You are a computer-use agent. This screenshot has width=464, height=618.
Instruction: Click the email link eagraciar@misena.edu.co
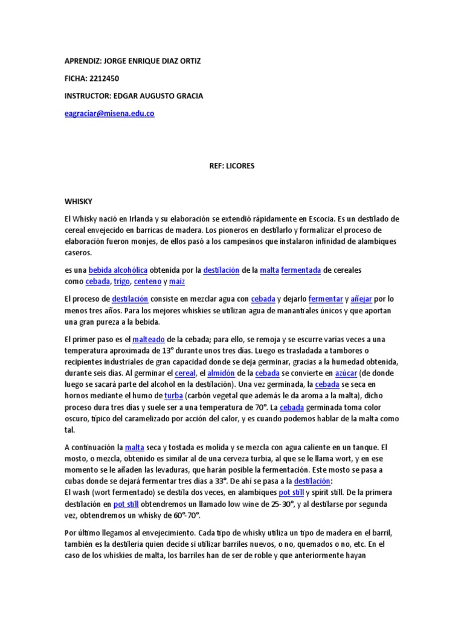point(109,113)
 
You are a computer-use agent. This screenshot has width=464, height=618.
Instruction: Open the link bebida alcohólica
point(118,270)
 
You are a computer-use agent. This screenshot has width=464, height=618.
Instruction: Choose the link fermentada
point(301,270)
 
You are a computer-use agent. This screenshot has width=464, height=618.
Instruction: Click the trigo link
point(121,282)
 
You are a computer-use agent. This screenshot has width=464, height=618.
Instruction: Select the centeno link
point(147,282)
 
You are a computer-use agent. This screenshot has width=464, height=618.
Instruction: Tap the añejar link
point(362,299)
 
